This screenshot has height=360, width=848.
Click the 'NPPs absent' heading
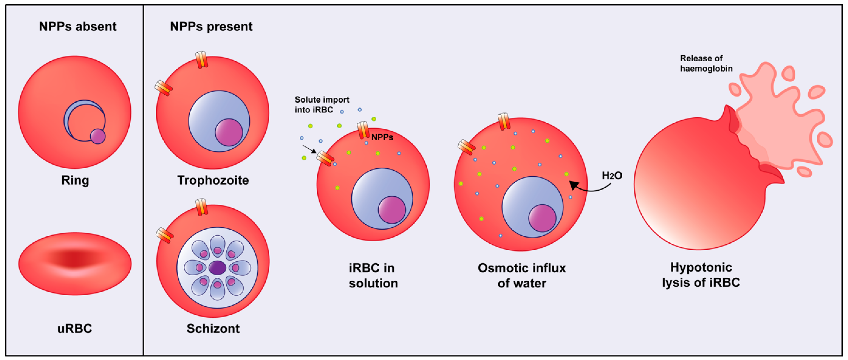78,26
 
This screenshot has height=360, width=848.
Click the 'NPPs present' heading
211,26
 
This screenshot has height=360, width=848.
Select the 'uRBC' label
75,328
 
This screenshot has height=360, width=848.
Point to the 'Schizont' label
213,328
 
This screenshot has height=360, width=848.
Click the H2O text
612,176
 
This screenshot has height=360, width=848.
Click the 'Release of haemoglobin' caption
706,63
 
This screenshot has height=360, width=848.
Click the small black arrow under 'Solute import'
309,149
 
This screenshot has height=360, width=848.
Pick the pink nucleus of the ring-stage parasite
98,136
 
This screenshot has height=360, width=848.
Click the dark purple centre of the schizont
217,268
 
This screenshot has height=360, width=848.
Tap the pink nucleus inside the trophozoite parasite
229,132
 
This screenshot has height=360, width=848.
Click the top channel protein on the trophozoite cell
202,60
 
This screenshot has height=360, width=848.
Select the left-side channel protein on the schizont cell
164,235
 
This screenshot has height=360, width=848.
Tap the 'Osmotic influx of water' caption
521,275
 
